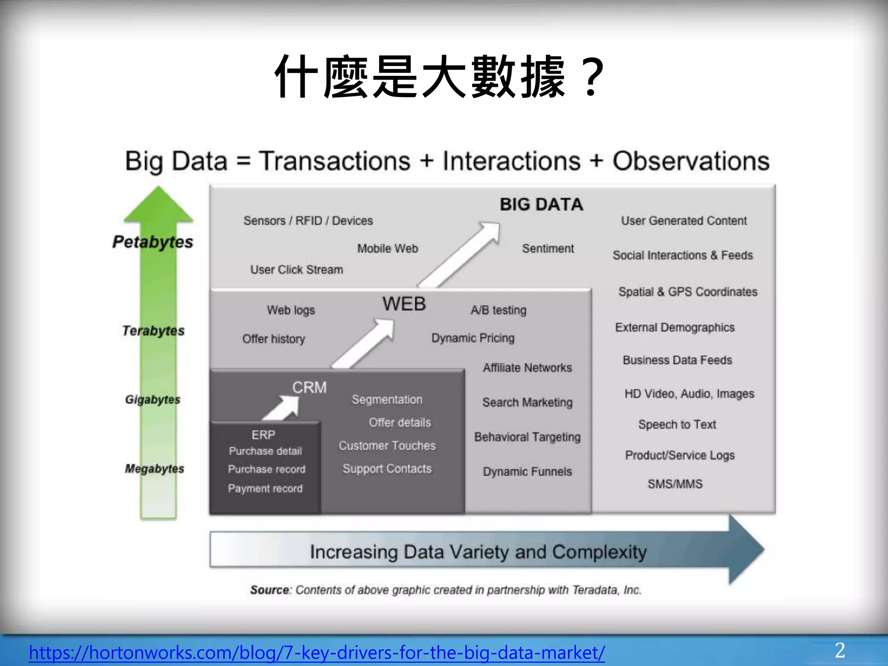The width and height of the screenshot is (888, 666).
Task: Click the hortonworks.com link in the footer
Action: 317,653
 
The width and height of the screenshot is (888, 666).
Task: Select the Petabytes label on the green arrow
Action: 153,242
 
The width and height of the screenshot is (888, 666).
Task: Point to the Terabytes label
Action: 153,331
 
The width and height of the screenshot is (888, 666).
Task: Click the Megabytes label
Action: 154,469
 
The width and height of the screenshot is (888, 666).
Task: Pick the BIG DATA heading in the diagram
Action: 541,205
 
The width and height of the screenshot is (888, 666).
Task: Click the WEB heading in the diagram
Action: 404,304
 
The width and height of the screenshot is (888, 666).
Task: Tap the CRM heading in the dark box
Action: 309,387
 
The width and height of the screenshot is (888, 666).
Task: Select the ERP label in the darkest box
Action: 263,435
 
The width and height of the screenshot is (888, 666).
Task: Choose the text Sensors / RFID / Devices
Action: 308,221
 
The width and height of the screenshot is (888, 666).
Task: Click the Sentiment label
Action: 548,248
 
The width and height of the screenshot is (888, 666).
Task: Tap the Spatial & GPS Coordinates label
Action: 688,292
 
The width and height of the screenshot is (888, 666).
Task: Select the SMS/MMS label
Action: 675,484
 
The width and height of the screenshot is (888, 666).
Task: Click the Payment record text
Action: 265,489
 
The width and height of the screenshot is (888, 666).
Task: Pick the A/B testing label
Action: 499,310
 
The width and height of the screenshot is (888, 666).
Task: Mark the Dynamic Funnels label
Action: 527,471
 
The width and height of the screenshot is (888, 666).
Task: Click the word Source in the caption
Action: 270,590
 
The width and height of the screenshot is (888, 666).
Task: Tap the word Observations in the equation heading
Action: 691,161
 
